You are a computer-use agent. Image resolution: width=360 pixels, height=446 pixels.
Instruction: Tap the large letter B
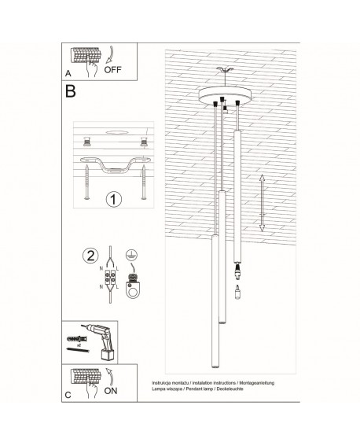(72, 92)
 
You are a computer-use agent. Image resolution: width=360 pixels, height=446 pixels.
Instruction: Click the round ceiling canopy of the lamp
(222, 98)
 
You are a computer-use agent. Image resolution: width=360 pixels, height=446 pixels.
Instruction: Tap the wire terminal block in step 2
(109, 279)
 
